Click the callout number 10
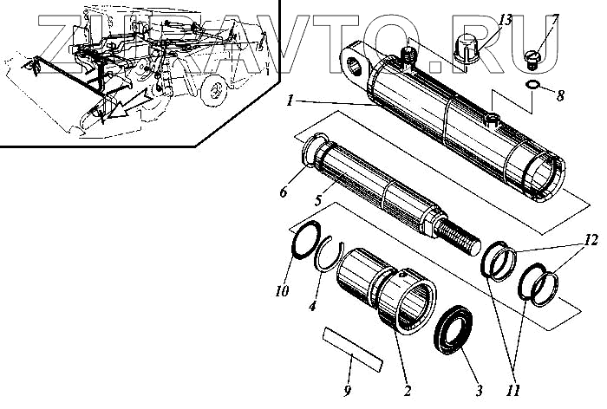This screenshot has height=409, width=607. click(x=283, y=290)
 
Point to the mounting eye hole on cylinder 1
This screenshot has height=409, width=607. click(x=355, y=62)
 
